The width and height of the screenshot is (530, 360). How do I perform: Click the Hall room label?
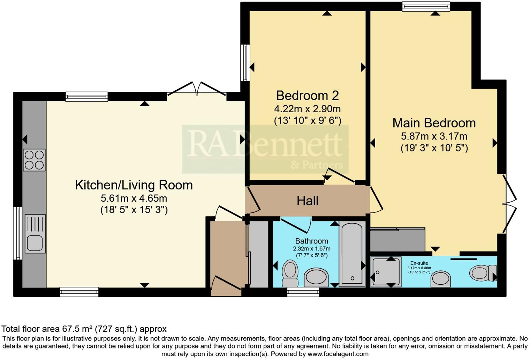tap(307, 201)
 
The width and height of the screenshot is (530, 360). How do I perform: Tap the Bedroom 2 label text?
tap(307, 95)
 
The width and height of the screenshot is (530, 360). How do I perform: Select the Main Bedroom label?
tap(434, 123)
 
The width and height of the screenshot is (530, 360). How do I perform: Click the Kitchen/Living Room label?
tap(134, 185)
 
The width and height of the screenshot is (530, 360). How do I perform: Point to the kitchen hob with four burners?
tap(34, 160)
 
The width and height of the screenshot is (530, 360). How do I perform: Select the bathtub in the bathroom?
tap(352, 254)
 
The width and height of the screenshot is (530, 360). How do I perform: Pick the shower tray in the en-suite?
tap(386, 272)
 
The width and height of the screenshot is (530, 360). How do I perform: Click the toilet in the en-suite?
tap(483, 273)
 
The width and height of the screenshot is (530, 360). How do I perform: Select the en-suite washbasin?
tap(441, 279)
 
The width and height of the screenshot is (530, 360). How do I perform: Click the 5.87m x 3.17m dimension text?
tap(434, 136)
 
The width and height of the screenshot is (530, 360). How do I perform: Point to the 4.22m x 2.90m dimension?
tap(307, 108)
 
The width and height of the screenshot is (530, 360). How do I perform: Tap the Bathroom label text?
tap(311, 241)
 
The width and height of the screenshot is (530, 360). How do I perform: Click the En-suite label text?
tap(419, 263)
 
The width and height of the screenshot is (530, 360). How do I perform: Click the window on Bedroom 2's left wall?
tap(245, 63)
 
